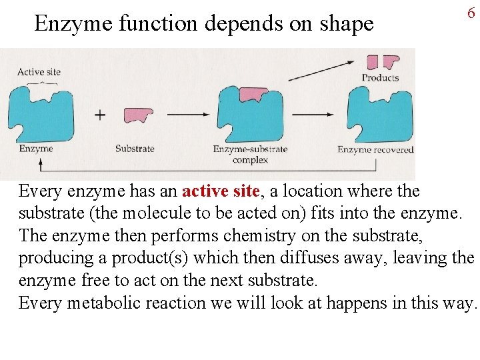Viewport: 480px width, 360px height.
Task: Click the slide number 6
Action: click(471, 13)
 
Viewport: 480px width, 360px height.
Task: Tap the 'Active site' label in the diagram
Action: click(39, 72)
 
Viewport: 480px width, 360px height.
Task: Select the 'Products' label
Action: click(380, 78)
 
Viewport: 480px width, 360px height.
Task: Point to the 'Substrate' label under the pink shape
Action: click(135, 149)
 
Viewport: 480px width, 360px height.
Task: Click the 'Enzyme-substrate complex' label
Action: click(250, 154)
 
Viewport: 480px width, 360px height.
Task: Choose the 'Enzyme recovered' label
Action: click(375, 149)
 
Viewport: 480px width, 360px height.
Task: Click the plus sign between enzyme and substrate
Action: click(100, 115)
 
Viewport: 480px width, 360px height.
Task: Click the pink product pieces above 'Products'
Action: click(382, 62)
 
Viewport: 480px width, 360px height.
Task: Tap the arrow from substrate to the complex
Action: click(189, 115)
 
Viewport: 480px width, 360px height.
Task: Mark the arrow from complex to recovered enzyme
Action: click(313, 115)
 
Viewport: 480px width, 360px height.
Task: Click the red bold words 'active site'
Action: click(220, 191)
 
